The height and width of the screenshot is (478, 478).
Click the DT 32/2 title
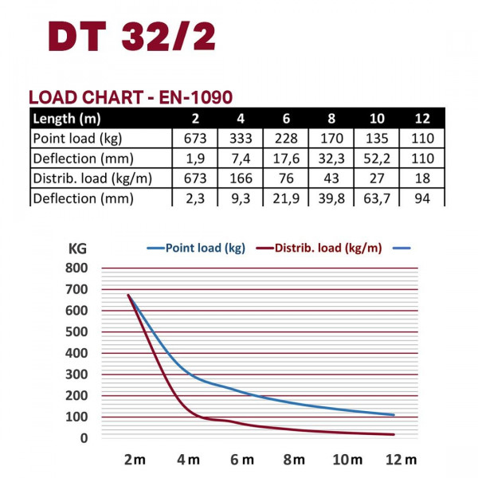pyautogui.click(x=130, y=37)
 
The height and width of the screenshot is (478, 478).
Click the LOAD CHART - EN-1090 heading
pyautogui.click(x=130, y=98)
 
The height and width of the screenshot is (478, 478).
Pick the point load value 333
pyautogui.click(x=240, y=139)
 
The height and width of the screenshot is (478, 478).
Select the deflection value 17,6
pyautogui.click(x=285, y=159)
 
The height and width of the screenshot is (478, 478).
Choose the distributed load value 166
pyautogui.click(x=240, y=178)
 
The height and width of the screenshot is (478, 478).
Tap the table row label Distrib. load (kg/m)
pyautogui.click(x=92, y=178)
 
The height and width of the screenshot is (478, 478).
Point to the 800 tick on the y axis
pyautogui.click(x=79, y=268)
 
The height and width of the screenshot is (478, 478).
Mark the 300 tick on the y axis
pyautogui.click(x=79, y=374)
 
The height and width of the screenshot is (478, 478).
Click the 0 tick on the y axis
pyautogui.click(x=84, y=437)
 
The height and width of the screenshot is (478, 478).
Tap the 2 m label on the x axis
pyautogui.click(x=134, y=460)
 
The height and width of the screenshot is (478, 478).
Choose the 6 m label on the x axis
pyautogui.click(x=241, y=460)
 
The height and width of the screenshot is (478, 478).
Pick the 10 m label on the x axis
pyautogui.click(x=347, y=460)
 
